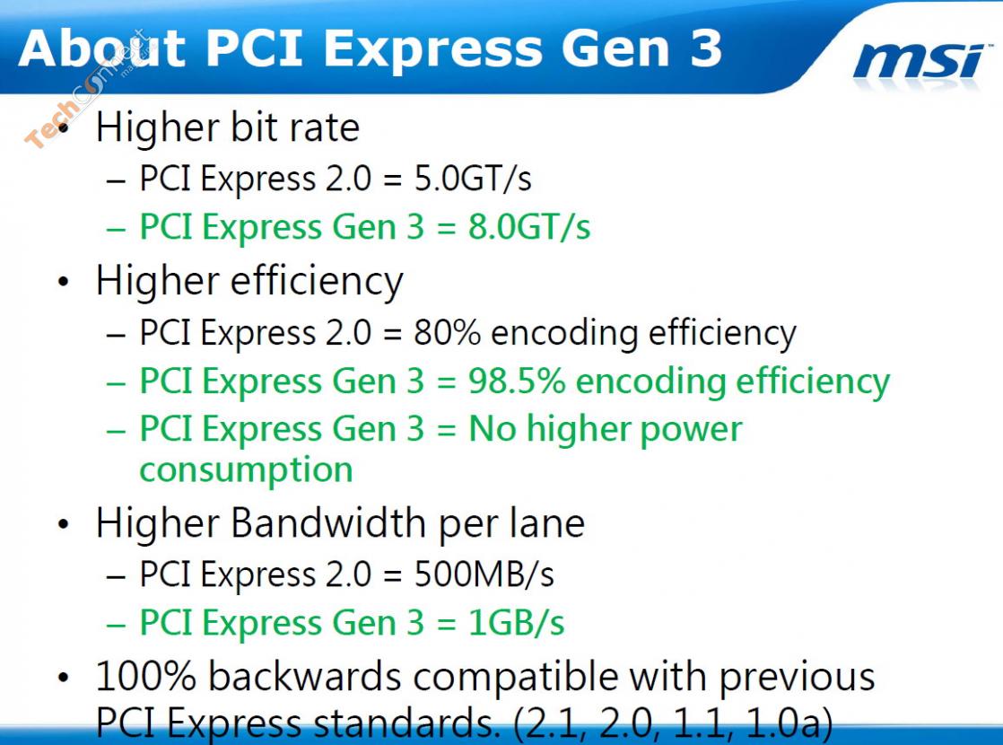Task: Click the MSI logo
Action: click(920, 61)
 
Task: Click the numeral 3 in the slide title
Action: click(705, 48)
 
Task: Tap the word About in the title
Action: click(102, 48)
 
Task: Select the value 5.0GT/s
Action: click(473, 178)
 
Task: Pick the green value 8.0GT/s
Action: click(529, 226)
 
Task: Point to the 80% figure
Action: click(447, 332)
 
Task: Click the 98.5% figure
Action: click(517, 381)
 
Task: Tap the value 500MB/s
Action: click(484, 574)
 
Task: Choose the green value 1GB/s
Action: click(516, 622)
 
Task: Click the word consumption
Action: click(247, 470)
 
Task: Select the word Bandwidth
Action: click(328, 523)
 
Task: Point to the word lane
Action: click(547, 523)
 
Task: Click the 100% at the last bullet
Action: click(146, 676)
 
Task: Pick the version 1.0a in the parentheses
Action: click(783, 722)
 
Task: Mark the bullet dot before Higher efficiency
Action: click(63, 282)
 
